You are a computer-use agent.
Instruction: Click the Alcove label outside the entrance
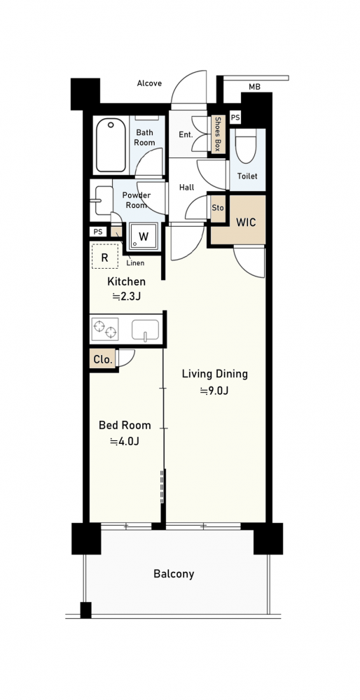(x=149, y=83)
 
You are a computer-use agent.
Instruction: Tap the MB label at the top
(x=254, y=87)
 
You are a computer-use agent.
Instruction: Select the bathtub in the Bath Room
(x=110, y=145)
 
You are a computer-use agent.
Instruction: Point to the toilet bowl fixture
(x=246, y=146)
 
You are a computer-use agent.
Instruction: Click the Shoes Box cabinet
(x=218, y=134)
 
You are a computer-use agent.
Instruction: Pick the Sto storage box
(x=219, y=208)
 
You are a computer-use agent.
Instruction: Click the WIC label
(x=246, y=222)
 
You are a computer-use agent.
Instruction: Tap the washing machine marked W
(x=144, y=236)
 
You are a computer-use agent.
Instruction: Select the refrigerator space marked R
(x=105, y=256)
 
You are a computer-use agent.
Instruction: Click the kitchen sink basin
(x=145, y=330)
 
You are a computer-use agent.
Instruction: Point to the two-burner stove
(x=105, y=329)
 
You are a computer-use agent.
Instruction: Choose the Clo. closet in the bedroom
(x=103, y=359)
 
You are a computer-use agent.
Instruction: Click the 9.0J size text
(x=214, y=391)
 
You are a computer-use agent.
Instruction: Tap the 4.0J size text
(x=125, y=442)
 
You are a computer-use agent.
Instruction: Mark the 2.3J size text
(x=126, y=295)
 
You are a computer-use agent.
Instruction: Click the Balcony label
(x=174, y=574)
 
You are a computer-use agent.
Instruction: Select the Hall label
(x=187, y=188)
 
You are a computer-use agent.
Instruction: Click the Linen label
(x=135, y=263)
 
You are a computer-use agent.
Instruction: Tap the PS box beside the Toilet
(x=235, y=118)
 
